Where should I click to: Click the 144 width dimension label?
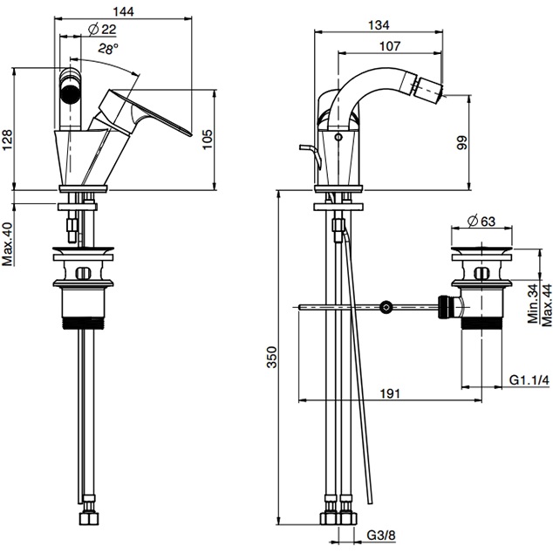coord(124,11)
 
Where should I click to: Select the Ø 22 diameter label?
coord(102,30)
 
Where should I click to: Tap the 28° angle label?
coord(108,49)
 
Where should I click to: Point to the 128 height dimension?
coord(7,140)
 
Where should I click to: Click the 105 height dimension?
coord(208,140)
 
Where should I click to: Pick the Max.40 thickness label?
coord(7,243)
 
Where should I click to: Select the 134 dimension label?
coord(379,25)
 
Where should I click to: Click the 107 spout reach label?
coord(390,46)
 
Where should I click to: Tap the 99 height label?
coord(461,142)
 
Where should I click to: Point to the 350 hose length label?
coord(272,358)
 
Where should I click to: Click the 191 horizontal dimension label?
coord(390,393)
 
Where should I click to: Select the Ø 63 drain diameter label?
coord(481,222)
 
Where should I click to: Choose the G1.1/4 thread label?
coord(529,380)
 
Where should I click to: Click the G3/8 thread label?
coord(381,536)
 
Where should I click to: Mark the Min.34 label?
coord(533,304)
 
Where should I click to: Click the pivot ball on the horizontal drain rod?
coord(386,307)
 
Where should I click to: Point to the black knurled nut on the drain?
coord(446,307)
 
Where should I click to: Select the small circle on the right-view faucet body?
coord(339,136)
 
